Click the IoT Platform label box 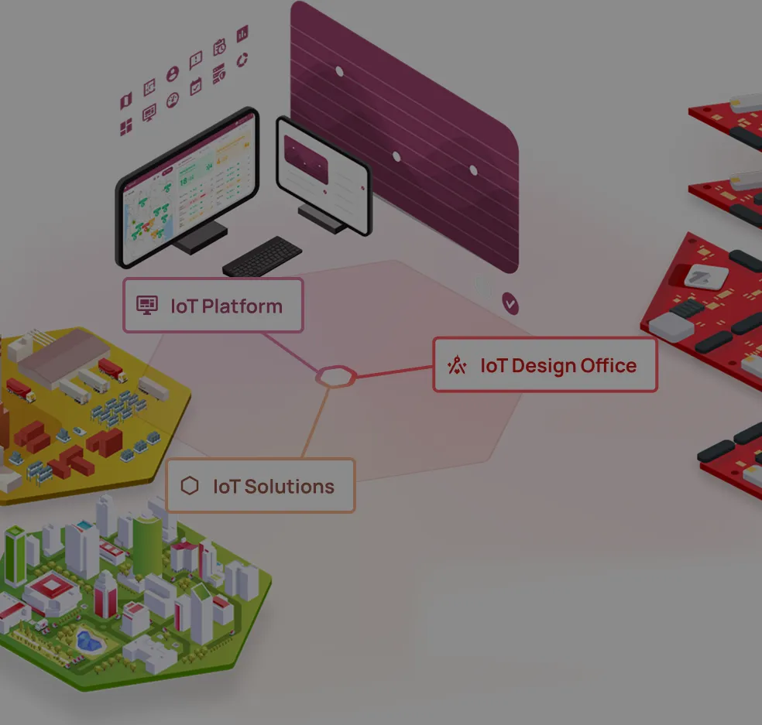[213, 306]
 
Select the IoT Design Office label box [545, 364]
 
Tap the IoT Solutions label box [261, 485]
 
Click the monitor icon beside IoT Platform [147, 306]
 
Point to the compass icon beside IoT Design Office [457, 365]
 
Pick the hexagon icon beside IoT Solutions [190, 486]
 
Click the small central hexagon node [336, 376]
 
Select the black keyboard [262, 256]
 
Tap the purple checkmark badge [510, 304]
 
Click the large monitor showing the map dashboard [187, 187]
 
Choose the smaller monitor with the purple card [324, 176]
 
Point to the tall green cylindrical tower [147, 546]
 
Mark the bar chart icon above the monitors [242, 33]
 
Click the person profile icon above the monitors [173, 74]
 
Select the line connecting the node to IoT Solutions [316, 422]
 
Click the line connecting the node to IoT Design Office [394, 371]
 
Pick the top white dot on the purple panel [340, 72]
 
